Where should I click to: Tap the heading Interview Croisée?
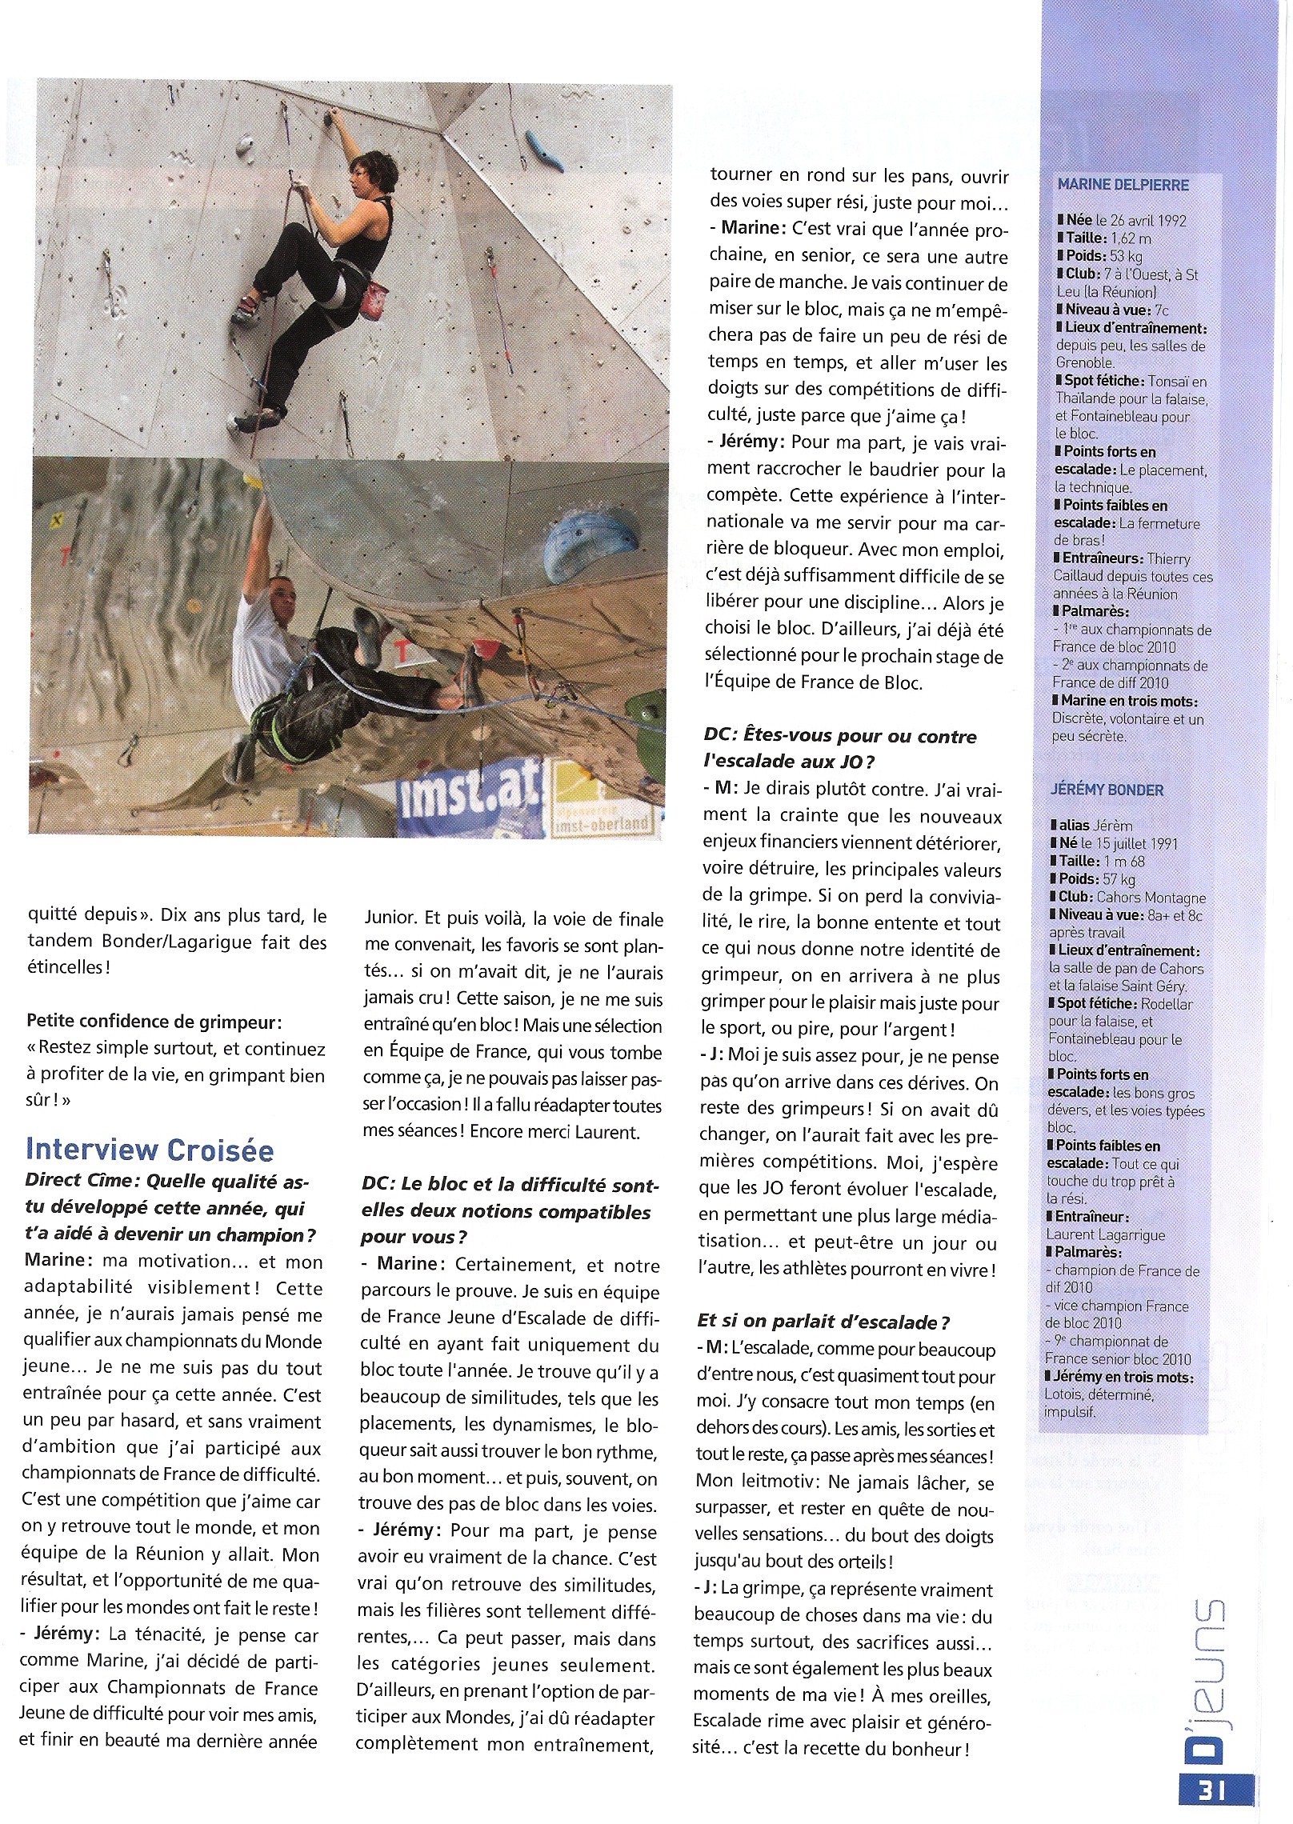(x=150, y=1150)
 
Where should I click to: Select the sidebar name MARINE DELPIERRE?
(x=1123, y=185)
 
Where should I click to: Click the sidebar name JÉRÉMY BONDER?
(x=1107, y=790)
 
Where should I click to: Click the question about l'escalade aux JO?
(x=840, y=747)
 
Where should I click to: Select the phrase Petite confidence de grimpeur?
(x=154, y=1022)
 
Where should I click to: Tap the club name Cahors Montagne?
(x=1153, y=898)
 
